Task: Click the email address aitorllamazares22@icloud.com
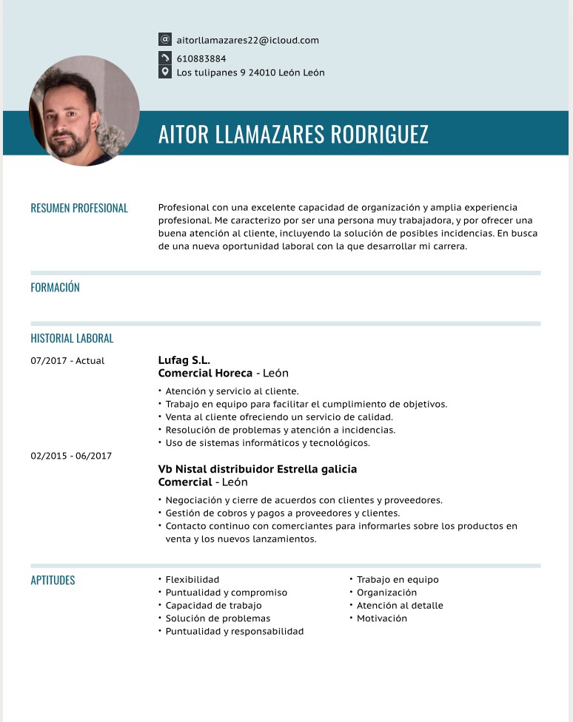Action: (247, 40)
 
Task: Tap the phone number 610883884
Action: (201, 58)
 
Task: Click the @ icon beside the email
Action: (165, 39)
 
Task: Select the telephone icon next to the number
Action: (165, 58)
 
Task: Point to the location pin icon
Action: (165, 72)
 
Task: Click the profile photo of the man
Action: (84, 110)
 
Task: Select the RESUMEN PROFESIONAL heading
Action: (79, 209)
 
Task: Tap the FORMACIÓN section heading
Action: (55, 288)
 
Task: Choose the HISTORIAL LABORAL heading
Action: (72, 339)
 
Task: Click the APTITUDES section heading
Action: (53, 581)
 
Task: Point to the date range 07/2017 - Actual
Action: (67, 361)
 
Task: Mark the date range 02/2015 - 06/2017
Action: (71, 456)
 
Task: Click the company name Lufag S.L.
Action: (184, 360)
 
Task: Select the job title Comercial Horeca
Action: (205, 374)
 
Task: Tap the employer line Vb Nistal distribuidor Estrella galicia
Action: (258, 469)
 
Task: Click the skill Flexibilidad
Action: (192, 580)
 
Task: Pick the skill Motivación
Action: (381, 618)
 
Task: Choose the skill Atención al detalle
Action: (400, 606)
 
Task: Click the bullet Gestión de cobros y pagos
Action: (282, 513)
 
